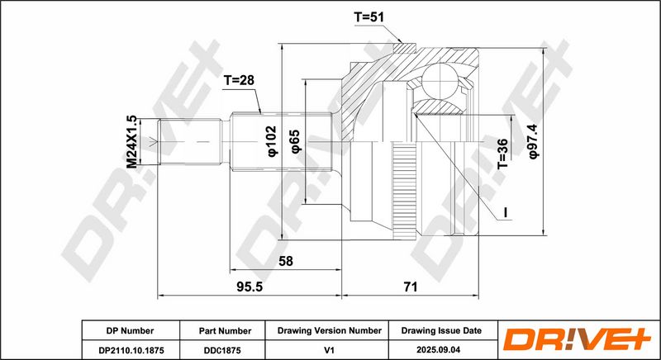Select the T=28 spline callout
239,80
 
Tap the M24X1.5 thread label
132,142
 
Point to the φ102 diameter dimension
273,141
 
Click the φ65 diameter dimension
295,141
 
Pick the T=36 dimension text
502,154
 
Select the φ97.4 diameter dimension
534,141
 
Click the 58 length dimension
285,261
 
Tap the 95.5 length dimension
250,287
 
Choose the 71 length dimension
410,287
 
